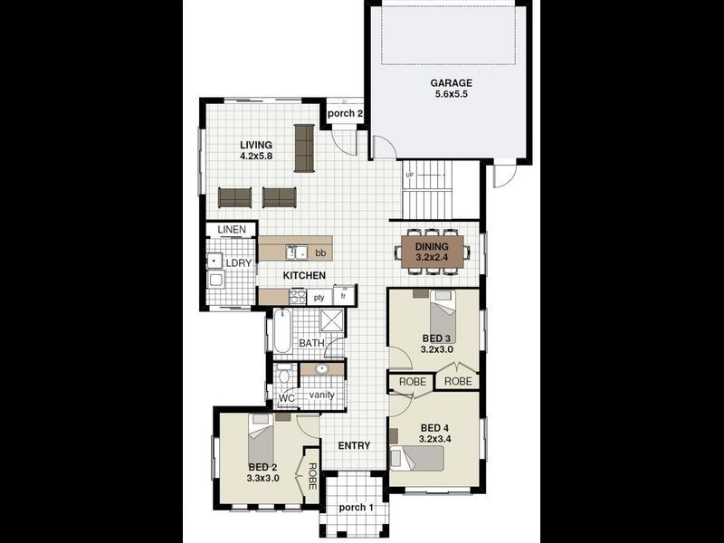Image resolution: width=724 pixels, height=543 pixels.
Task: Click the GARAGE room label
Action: (452, 82)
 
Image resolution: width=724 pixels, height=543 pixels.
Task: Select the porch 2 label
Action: (345, 114)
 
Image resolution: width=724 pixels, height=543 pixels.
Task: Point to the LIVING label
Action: (256, 145)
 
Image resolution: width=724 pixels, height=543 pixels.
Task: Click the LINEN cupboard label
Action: (232, 231)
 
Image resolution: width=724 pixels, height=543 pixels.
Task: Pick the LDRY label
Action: (238, 262)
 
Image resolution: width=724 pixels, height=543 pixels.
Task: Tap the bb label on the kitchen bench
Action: (320, 253)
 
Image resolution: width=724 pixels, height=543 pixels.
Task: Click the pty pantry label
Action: (319, 297)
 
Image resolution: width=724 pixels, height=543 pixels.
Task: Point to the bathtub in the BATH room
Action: (281, 331)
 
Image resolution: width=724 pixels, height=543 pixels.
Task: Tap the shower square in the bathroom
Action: (332, 321)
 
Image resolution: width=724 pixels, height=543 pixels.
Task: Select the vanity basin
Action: (321, 369)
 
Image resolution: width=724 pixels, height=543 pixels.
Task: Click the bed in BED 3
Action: (442, 317)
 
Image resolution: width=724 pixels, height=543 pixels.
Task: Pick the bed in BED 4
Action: (417, 458)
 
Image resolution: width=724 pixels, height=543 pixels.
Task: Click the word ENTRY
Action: (354, 445)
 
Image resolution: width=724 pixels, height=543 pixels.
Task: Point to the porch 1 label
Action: (356, 506)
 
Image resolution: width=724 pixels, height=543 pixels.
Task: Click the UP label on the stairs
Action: (409, 175)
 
